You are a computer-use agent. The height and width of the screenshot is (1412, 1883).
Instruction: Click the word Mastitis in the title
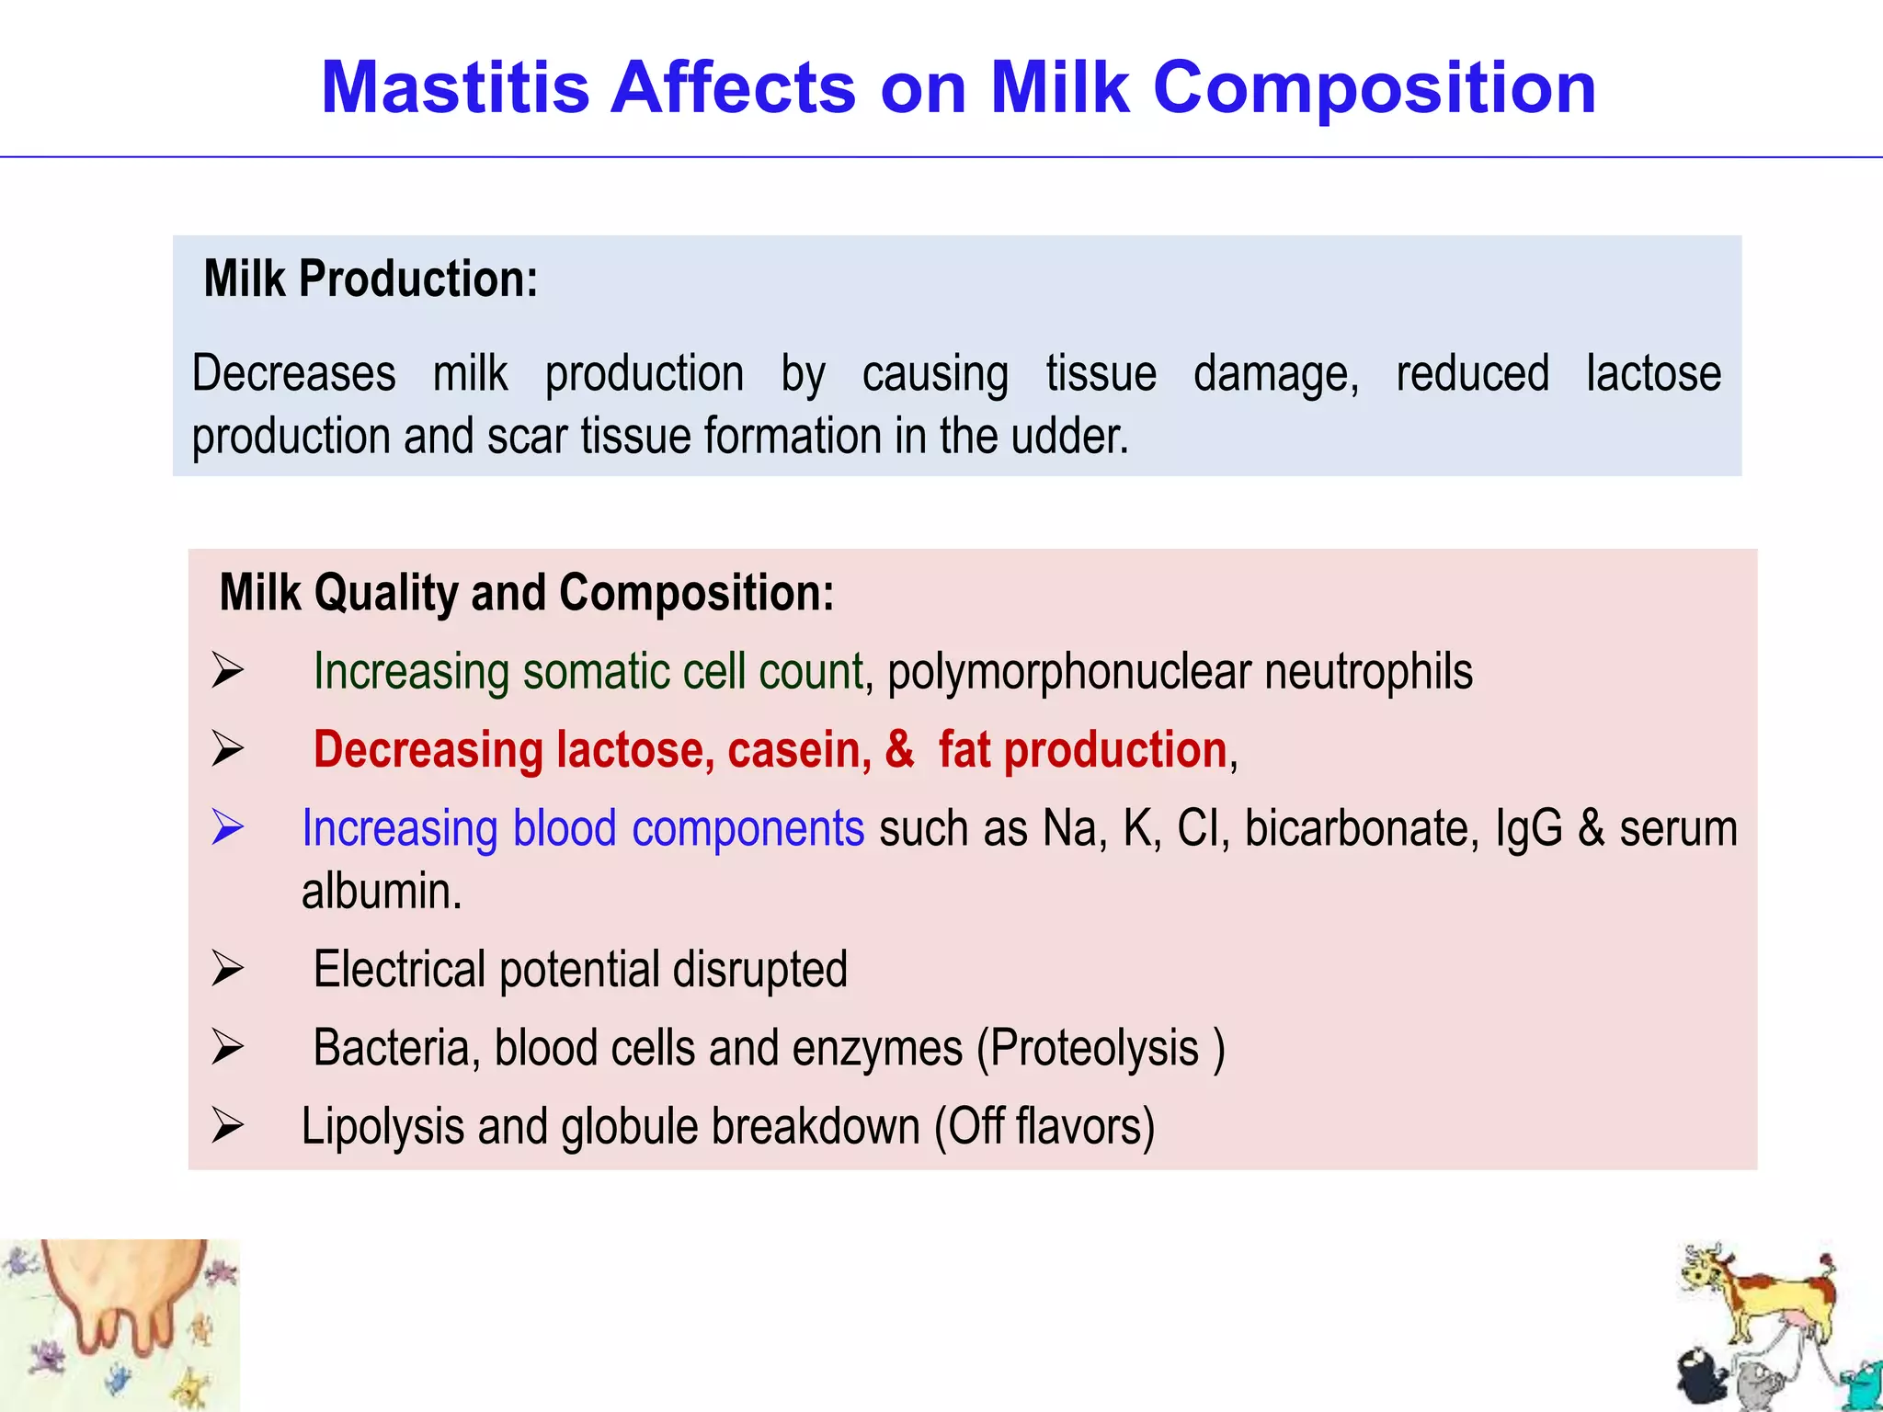pyautogui.click(x=455, y=88)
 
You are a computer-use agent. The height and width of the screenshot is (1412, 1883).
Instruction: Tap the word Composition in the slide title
pyautogui.click(x=1374, y=88)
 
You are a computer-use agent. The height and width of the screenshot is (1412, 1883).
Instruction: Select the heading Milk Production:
pyautogui.click(x=371, y=279)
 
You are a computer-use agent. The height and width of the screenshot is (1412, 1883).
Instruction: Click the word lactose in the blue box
pyautogui.click(x=1653, y=374)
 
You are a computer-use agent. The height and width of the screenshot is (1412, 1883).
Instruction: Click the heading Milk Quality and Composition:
pyautogui.click(x=527, y=593)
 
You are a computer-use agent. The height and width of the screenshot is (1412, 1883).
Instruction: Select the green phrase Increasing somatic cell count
pyautogui.click(x=588, y=671)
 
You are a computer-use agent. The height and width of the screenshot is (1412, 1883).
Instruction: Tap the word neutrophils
pyautogui.click(x=1368, y=671)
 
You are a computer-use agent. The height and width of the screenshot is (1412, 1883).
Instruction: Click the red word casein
pyautogui.click(x=798, y=750)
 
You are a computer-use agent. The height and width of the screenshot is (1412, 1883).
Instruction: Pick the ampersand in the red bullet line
pyautogui.click(x=899, y=750)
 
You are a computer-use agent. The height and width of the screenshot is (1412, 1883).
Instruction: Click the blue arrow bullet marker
pyautogui.click(x=227, y=827)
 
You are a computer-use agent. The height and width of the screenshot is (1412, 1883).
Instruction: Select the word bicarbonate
pyautogui.click(x=1361, y=828)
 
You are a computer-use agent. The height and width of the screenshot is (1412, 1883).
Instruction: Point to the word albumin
pyautogui.click(x=381, y=892)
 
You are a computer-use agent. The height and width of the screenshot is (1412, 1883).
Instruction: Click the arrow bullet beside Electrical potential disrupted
pyautogui.click(x=227, y=969)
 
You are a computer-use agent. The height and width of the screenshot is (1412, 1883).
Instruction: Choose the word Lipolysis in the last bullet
pyautogui.click(x=382, y=1127)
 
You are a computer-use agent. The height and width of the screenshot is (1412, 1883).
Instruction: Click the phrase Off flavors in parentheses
pyautogui.click(x=1044, y=1127)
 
